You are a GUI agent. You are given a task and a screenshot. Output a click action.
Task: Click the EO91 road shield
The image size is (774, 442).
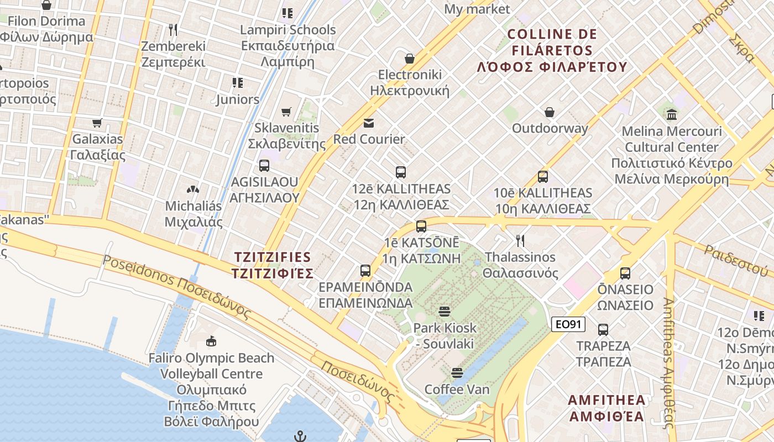(x=568, y=324)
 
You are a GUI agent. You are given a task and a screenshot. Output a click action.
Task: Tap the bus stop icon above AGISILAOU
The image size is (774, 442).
(x=264, y=165)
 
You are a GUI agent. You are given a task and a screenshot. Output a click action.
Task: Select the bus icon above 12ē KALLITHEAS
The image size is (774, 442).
(x=401, y=172)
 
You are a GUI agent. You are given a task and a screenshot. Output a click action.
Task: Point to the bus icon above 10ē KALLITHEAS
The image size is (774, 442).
(x=543, y=177)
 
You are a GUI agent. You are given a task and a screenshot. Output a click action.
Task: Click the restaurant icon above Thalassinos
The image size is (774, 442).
(x=520, y=240)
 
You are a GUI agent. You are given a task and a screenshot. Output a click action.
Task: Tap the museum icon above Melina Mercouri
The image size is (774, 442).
(x=672, y=115)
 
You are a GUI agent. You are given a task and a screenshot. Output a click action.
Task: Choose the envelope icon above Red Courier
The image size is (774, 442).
(x=369, y=123)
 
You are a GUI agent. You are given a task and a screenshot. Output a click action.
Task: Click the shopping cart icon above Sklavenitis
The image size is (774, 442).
(x=286, y=112)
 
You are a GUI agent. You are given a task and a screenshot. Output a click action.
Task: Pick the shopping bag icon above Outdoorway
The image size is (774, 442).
(x=550, y=112)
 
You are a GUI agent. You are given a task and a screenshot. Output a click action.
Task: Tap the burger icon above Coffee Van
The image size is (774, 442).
(x=457, y=373)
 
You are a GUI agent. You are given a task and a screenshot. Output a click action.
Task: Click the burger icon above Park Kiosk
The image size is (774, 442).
(x=444, y=311)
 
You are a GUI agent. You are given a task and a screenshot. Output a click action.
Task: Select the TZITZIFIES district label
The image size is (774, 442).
(x=273, y=265)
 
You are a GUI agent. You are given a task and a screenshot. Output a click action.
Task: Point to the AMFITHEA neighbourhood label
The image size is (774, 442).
(x=607, y=408)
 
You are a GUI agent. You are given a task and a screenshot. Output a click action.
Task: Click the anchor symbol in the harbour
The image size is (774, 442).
(x=300, y=436)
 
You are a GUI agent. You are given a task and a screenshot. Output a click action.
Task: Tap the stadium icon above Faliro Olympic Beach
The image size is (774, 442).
(x=211, y=341)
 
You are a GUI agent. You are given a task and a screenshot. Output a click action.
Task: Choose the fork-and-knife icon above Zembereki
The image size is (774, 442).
(x=173, y=29)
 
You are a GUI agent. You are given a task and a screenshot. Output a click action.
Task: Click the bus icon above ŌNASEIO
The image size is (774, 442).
(x=625, y=273)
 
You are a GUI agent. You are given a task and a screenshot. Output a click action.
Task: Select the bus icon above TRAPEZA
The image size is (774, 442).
(x=603, y=330)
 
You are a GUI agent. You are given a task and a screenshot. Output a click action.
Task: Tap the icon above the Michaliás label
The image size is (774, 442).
(x=193, y=190)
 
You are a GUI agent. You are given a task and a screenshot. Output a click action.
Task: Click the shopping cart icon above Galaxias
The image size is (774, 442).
(x=97, y=122)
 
